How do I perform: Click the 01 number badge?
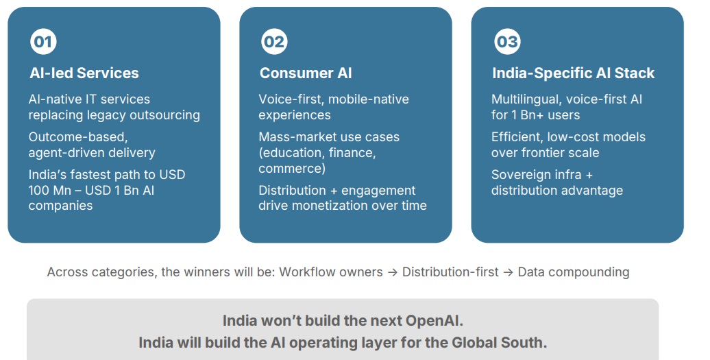click(43, 42)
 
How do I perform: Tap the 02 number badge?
click(274, 42)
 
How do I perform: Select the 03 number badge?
click(507, 42)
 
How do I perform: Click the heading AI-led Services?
click(84, 73)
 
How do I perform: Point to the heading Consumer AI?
click(306, 73)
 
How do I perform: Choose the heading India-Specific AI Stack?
click(573, 73)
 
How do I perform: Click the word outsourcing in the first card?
click(164, 115)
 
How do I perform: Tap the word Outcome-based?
click(78, 136)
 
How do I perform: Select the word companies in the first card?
click(61, 206)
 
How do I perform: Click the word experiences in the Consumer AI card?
click(295, 115)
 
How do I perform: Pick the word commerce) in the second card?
click(292, 169)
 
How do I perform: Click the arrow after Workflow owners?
click(393, 272)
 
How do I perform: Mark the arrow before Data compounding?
click(508, 272)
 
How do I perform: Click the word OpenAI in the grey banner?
click(434, 321)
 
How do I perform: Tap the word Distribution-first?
click(450, 272)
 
